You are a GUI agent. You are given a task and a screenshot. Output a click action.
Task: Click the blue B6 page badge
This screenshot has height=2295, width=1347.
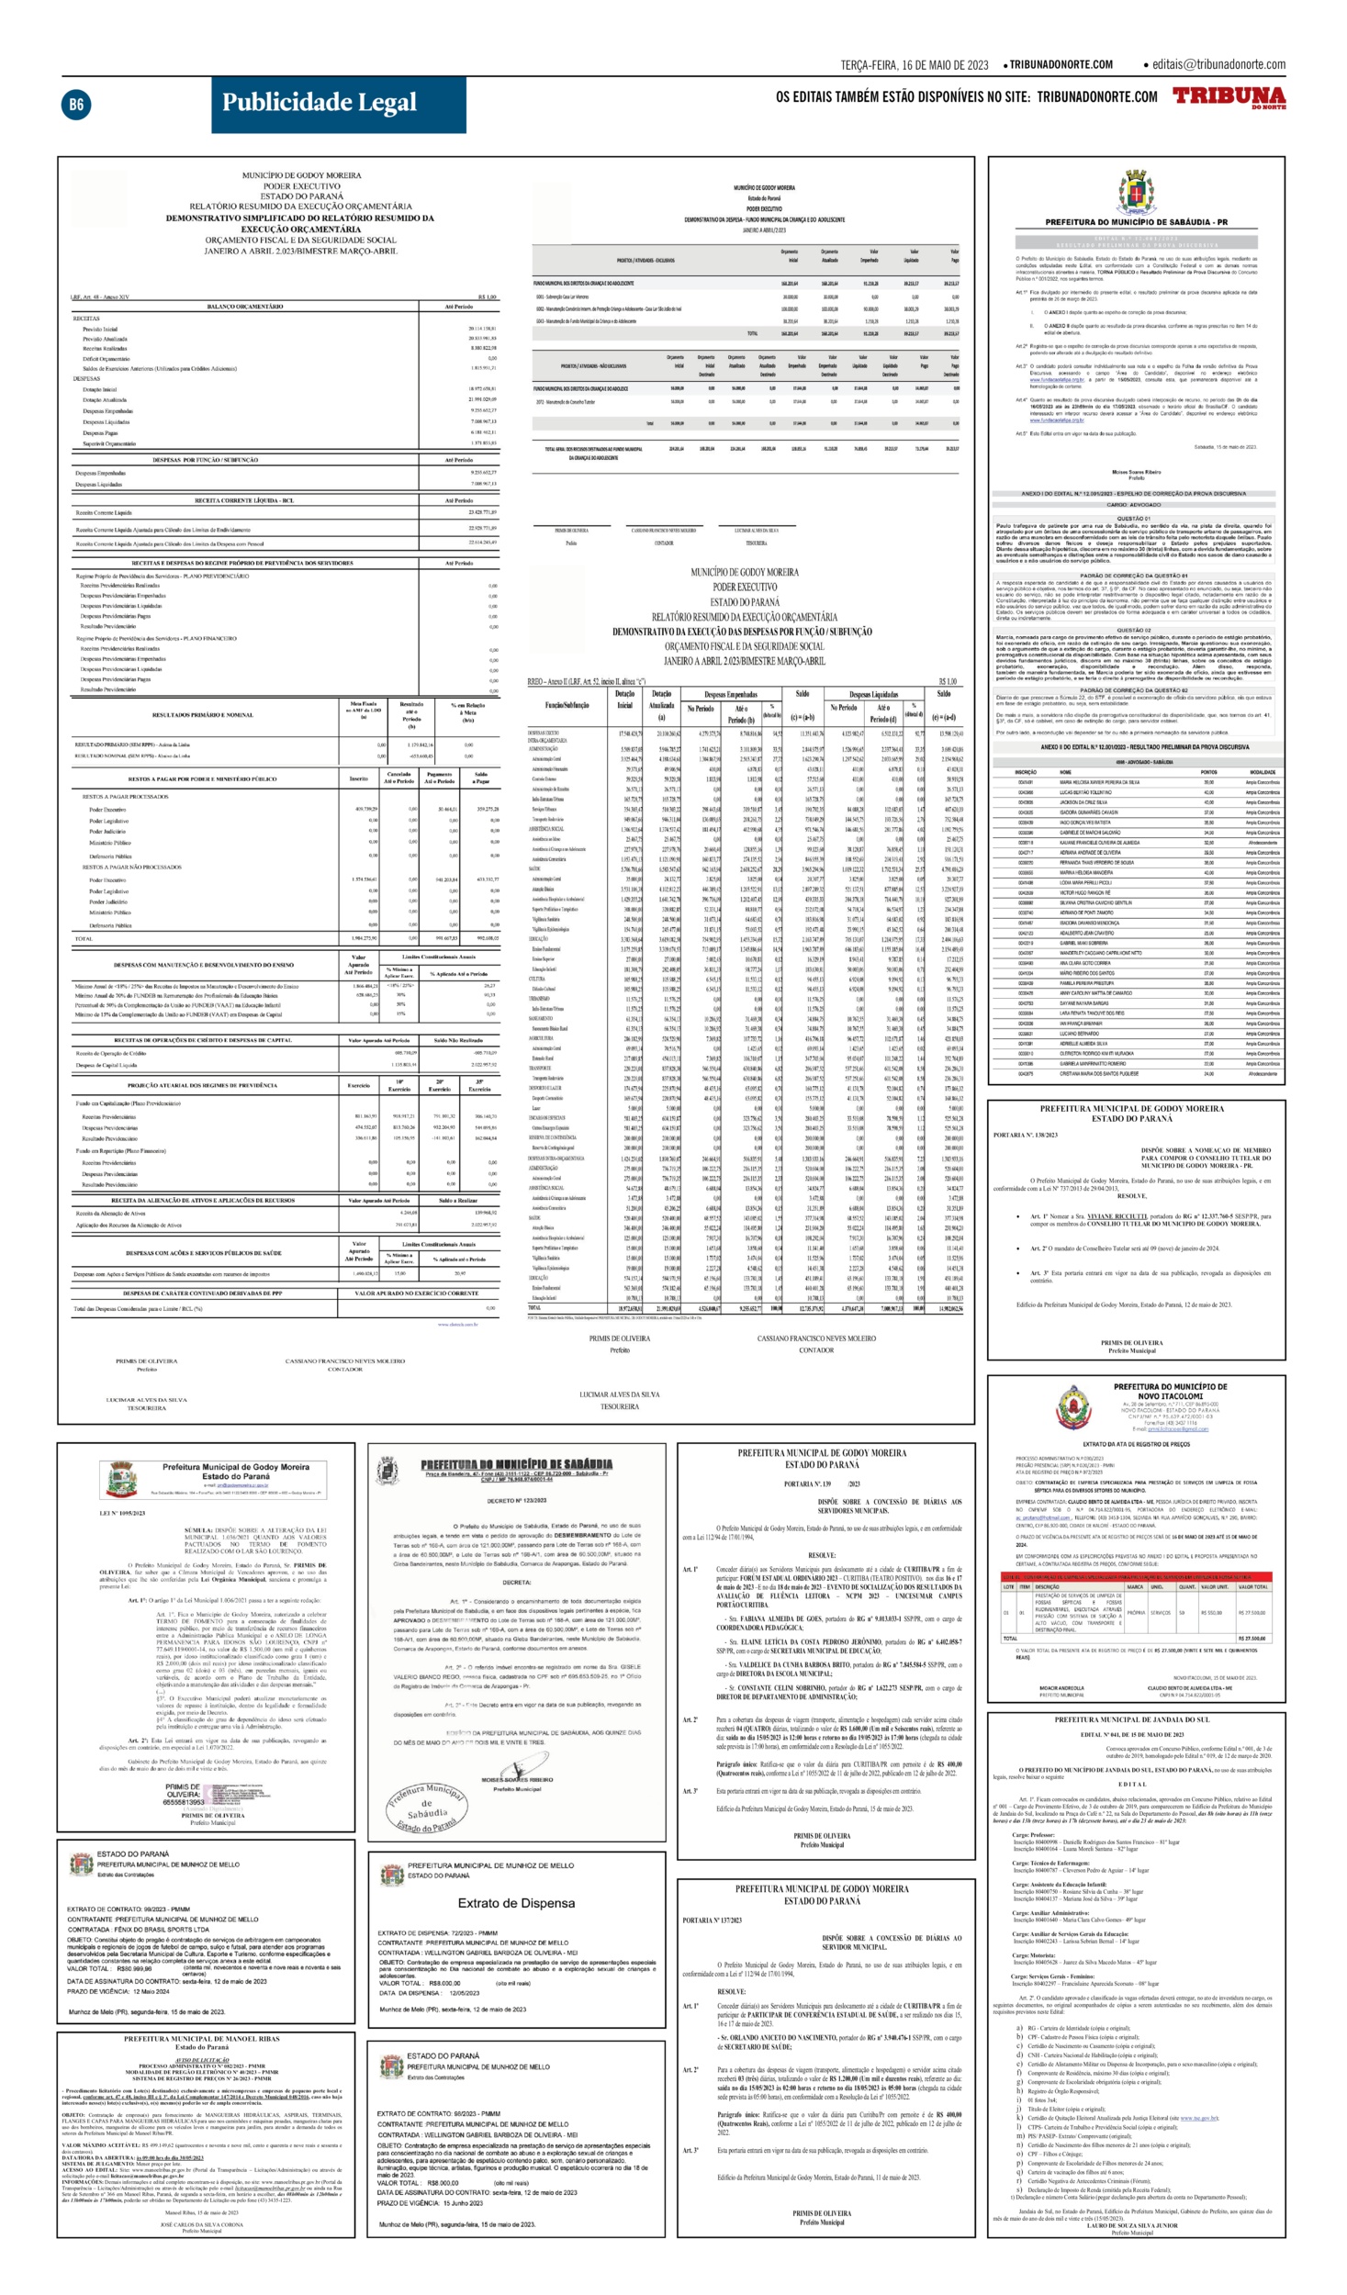tap(75, 105)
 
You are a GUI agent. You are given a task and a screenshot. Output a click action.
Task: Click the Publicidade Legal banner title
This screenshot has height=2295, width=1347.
tap(319, 103)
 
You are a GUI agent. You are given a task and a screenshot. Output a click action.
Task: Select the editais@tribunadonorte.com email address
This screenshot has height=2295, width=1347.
tap(1218, 64)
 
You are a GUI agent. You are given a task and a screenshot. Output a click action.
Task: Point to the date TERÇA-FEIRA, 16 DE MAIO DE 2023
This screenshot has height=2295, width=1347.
tap(914, 65)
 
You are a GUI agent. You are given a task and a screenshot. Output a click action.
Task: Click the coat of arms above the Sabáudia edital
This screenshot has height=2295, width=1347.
tap(1136, 192)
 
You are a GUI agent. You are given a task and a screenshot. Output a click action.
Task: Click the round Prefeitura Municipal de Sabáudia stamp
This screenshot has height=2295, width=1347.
tap(426, 1807)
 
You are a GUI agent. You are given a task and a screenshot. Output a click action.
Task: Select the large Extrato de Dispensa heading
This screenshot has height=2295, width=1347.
tap(516, 1877)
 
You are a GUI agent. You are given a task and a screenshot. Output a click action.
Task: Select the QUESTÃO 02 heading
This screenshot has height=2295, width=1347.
tap(1134, 631)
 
